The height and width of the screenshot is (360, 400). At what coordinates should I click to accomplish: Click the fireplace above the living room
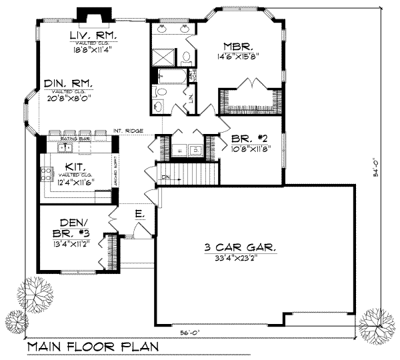point(87,15)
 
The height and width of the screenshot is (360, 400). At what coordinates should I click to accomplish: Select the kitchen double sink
point(65,147)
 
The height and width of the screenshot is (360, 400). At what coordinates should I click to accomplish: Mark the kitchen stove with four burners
point(49,175)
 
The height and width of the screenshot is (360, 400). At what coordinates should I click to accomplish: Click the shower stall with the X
point(163,56)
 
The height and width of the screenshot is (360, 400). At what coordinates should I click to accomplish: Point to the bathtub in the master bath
point(170,75)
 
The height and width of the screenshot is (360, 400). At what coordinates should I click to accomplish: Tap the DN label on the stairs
point(165,177)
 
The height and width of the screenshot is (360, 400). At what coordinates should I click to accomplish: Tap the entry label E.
point(139,214)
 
